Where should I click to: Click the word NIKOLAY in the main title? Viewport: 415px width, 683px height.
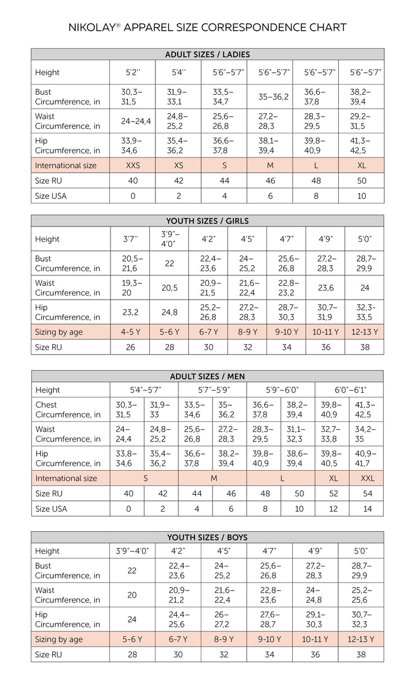pyautogui.click(x=91, y=27)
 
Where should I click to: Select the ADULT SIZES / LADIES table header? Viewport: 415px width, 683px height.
pyautogui.click(x=208, y=54)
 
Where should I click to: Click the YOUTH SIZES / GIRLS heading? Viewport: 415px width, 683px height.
pyautogui.click(x=208, y=221)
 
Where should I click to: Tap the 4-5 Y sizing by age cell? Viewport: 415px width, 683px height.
pyautogui.click(x=131, y=332)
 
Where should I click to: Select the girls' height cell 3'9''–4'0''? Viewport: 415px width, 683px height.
pyautogui.click(x=169, y=239)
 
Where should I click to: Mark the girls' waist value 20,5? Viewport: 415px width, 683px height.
pyautogui.click(x=169, y=287)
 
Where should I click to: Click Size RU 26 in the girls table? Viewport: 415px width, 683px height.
pyautogui.click(x=130, y=347)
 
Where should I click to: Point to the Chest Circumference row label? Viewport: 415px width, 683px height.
pyautogui.click(x=68, y=410)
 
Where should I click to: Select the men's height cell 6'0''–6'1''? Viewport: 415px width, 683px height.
pyautogui.click(x=349, y=390)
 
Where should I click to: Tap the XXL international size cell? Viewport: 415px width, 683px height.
pyautogui.click(x=366, y=478)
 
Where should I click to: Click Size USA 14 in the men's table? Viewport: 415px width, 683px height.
pyautogui.click(x=366, y=509)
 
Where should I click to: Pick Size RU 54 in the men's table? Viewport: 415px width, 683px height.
pyautogui.click(x=366, y=494)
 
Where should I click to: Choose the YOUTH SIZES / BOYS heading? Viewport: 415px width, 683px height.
pyautogui.click(x=208, y=537)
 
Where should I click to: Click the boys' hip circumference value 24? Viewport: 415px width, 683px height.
pyautogui.click(x=132, y=619)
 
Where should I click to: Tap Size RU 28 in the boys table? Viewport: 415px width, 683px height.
pyautogui.click(x=132, y=654)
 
